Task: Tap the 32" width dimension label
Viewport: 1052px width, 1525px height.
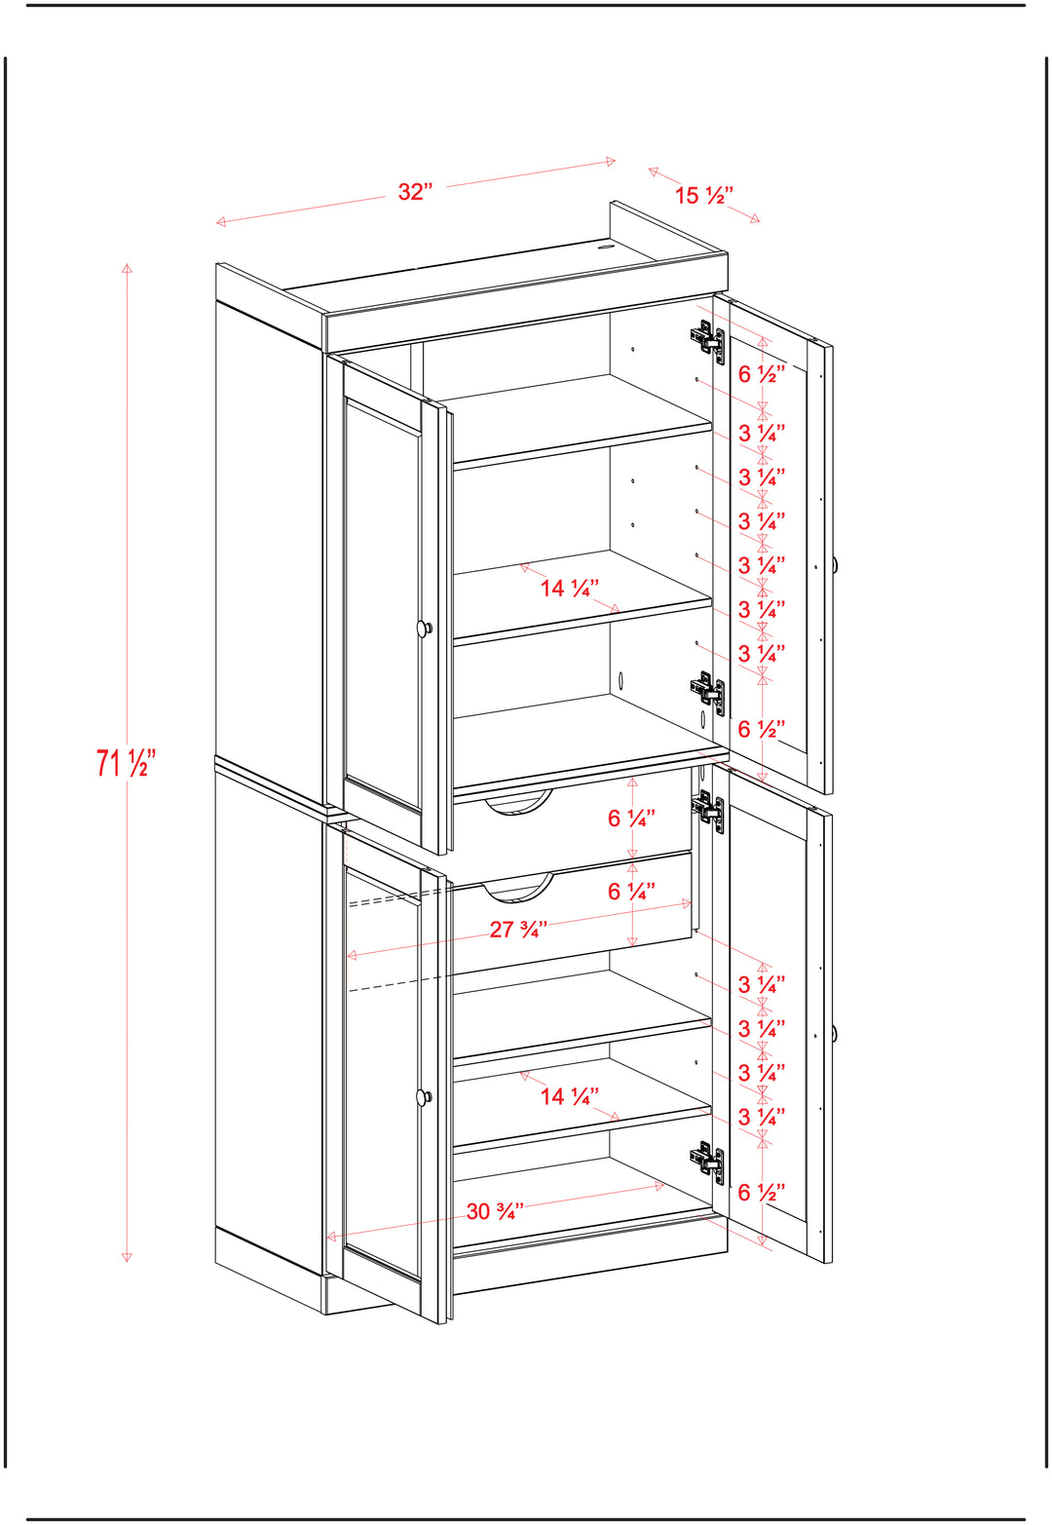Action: coord(415,192)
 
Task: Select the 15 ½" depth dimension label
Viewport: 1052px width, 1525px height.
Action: coord(703,196)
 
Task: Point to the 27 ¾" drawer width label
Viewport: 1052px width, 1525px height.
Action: coord(518,930)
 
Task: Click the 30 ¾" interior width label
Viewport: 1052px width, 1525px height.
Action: coord(495,1211)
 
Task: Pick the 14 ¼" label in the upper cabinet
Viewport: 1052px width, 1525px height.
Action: coord(570,588)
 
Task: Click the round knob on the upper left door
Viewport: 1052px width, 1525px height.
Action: coord(425,628)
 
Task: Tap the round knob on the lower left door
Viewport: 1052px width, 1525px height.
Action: coord(425,1096)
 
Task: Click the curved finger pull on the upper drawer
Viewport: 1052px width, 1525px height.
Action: coord(518,806)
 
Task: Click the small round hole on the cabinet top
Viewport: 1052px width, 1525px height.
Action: coord(604,248)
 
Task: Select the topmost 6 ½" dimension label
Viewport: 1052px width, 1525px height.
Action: coord(762,374)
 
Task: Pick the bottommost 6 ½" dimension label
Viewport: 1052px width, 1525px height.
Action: coord(762,1192)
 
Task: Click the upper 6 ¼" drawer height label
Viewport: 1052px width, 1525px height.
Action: coord(631,818)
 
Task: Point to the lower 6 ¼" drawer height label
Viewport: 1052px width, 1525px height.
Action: coord(631,891)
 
